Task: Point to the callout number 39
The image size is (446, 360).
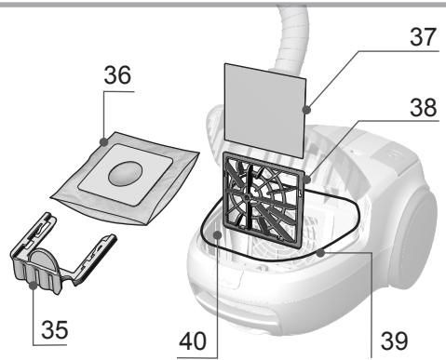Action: [x=387, y=333]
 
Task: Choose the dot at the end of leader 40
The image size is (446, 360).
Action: [x=217, y=235]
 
